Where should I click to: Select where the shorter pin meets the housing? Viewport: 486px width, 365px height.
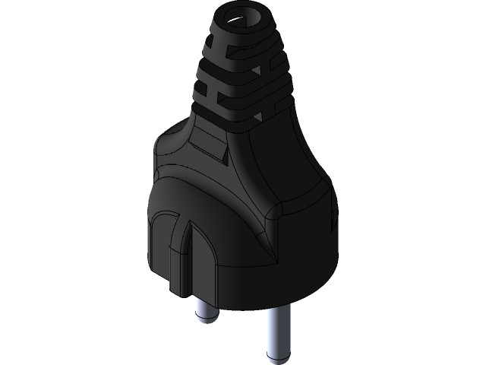pyautogui.click(x=207, y=293)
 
